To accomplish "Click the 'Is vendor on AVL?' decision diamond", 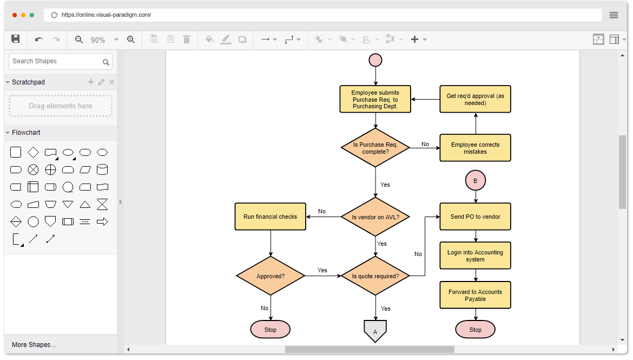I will click(x=375, y=217).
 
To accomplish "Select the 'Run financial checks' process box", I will click(x=271, y=217).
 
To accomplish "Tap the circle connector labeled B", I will click(x=476, y=181).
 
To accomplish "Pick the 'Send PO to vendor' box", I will click(x=475, y=217).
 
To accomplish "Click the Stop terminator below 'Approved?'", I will click(x=271, y=330).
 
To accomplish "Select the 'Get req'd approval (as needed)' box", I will click(x=475, y=99).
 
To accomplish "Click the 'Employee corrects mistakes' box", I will click(x=475, y=148).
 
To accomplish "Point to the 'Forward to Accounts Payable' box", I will click(x=475, y=295).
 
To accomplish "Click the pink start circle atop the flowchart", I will click(x=375, y=60).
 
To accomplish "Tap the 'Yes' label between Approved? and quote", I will click(x=322, y=270).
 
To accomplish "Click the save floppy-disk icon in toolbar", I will click(x=16, y=39).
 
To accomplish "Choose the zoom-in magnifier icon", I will click(x=131, y=40).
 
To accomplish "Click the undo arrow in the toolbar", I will click(x=39, y=40).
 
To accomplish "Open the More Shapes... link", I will click(x=34, y=345).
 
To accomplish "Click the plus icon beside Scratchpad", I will click(x=91, y=82).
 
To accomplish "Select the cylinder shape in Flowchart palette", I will click(x=102, y=170).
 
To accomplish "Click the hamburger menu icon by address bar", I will click(x=614, y=15).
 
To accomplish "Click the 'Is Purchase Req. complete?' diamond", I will click(x=375, y=148).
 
